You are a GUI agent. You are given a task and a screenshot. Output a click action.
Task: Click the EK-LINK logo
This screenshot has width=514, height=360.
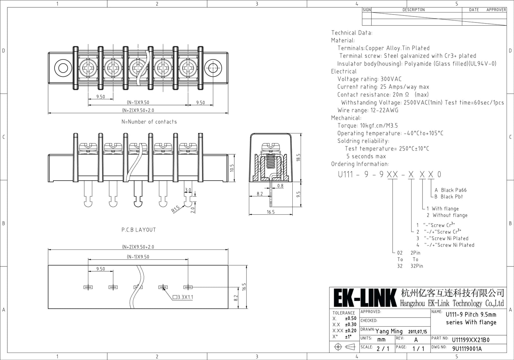365,298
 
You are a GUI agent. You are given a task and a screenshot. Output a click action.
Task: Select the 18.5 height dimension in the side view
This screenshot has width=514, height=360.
298,157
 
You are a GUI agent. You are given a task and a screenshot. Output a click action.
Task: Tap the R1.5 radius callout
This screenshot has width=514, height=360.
175,209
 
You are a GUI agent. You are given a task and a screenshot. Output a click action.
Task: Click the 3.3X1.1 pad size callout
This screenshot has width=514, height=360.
183,297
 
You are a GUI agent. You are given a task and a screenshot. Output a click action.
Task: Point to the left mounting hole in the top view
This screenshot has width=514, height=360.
63,68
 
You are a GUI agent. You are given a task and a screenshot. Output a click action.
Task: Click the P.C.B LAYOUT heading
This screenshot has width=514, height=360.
138,230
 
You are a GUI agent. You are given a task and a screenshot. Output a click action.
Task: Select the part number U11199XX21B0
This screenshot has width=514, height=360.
471,340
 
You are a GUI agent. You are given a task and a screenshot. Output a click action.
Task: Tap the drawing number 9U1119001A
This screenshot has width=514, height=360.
467,349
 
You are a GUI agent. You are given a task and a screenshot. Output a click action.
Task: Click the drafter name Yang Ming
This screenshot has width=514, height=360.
389,331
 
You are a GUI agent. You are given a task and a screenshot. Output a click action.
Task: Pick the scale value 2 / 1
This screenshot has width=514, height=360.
383,349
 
